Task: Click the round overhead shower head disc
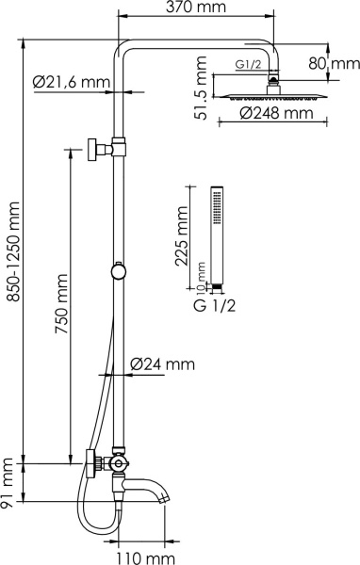[273, 94]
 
